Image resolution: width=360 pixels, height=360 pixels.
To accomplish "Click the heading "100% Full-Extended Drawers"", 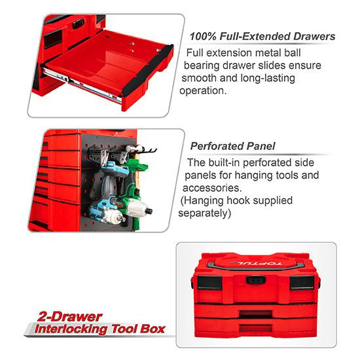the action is click(262, 37).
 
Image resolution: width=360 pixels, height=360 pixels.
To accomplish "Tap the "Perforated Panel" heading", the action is click(232, 146).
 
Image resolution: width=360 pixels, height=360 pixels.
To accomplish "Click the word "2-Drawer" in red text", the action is click(69, 317).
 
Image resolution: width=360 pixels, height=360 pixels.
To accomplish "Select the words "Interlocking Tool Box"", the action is click(99, 329).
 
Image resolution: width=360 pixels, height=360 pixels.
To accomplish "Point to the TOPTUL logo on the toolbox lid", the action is click(256, 263).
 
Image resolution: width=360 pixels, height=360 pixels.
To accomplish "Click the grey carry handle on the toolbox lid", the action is click(255, 267).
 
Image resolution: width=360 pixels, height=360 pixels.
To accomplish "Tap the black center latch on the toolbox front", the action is click(256, 280).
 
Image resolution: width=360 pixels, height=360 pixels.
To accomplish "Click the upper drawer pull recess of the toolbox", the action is click(256, 314).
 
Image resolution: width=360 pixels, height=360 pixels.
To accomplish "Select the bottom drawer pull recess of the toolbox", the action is click(256, 328).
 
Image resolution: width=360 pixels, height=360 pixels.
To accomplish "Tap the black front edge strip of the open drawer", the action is click(147, 70).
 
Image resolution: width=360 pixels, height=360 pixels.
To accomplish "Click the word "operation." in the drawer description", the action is click(203, 90).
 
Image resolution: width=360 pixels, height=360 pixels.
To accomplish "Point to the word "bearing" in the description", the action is click(202, 65).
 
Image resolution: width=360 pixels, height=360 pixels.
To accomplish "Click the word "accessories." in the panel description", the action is click(212, 188).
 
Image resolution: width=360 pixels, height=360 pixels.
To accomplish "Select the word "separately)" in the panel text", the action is click(205, 213).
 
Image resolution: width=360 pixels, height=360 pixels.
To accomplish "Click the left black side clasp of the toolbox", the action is click(192, 282).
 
